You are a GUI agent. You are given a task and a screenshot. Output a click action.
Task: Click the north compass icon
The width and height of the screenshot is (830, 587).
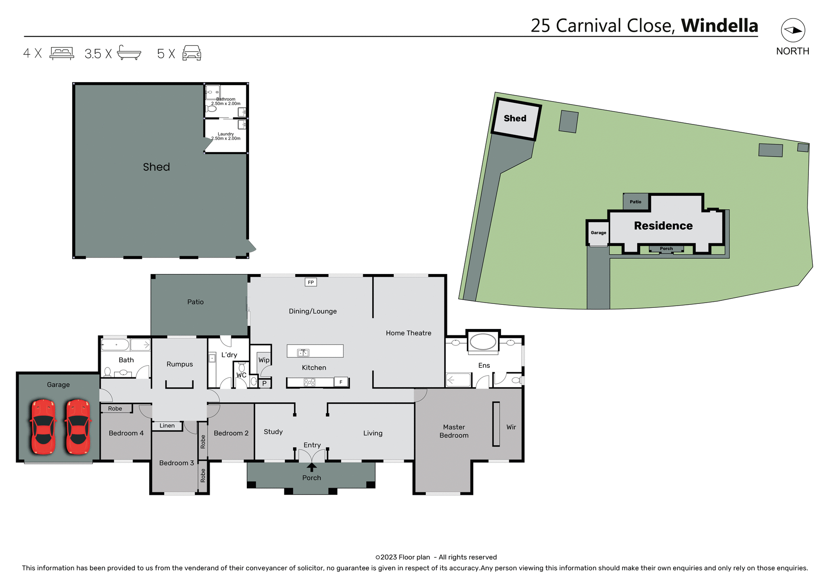[x=792, y=30]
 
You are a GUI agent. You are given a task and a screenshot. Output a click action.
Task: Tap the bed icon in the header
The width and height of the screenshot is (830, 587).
[x=62, y=53]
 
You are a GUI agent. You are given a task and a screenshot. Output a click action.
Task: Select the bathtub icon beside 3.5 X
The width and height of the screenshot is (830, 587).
[x=129, y=53]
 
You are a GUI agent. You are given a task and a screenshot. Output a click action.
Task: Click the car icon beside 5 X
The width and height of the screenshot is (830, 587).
[x=192, y=53]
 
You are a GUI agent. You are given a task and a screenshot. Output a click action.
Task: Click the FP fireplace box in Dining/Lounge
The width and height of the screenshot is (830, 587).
[x=311, y=282]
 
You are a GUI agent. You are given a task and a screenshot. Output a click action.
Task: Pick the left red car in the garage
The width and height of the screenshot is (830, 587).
[x=43, y=426]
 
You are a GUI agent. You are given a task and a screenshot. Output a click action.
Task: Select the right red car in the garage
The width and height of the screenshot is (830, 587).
[x=78, y=426]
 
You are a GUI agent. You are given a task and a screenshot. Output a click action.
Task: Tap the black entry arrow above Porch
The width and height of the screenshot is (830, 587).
[x=312, y=467]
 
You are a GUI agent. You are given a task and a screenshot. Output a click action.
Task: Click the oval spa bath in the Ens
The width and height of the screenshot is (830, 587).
[x=483, y=341]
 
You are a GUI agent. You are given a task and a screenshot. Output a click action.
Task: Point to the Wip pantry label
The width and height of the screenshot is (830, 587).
[x=264, y=360]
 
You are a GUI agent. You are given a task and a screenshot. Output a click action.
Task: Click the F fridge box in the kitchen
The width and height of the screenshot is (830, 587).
[x=341, y=382]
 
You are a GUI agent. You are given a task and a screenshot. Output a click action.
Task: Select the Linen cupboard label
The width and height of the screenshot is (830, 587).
[x=167, y=426]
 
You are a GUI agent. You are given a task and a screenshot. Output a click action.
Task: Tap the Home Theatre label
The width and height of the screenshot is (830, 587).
[x=409, y=333]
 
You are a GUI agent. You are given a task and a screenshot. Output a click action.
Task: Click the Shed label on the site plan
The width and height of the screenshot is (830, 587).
[x=515, y=118]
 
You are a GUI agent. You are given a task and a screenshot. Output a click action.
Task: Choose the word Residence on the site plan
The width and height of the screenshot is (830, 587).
[x=663, y=226]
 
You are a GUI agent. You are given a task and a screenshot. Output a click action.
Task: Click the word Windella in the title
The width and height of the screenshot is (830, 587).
[x=719, y=26]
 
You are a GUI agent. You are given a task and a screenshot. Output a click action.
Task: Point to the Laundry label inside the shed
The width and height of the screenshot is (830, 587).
[x=226, y=134]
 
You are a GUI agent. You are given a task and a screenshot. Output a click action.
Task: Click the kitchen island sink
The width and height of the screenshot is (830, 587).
[x=303, y=353]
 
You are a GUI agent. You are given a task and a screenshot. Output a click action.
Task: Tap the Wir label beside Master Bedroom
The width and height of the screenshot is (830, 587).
[x=511, y=427]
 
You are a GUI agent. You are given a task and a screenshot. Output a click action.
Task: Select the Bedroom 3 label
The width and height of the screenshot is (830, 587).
[x=176, y=463]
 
